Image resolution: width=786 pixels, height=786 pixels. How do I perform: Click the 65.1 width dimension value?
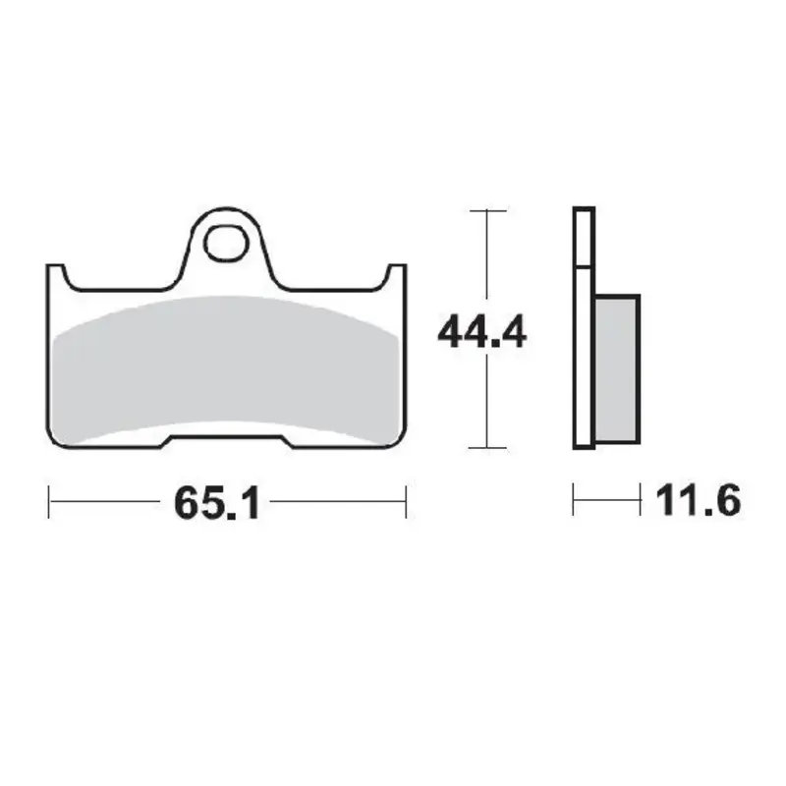pos(216,503)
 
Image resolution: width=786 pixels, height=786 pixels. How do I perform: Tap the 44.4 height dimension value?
pos(481,334)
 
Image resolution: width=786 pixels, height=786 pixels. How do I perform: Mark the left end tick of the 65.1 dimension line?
pos(49,501)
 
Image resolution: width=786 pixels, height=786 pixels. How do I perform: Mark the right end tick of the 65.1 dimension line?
pos(405,501)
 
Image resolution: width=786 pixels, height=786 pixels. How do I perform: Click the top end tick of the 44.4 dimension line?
pos(488,210)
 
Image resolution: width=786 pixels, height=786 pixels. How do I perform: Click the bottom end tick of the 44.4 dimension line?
pos(488,447)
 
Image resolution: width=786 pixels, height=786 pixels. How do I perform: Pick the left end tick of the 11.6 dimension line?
pos(574,501)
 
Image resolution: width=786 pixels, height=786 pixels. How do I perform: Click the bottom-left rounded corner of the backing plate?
pos(55,439)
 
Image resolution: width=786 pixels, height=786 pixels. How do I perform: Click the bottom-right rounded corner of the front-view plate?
pos(399,439)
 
